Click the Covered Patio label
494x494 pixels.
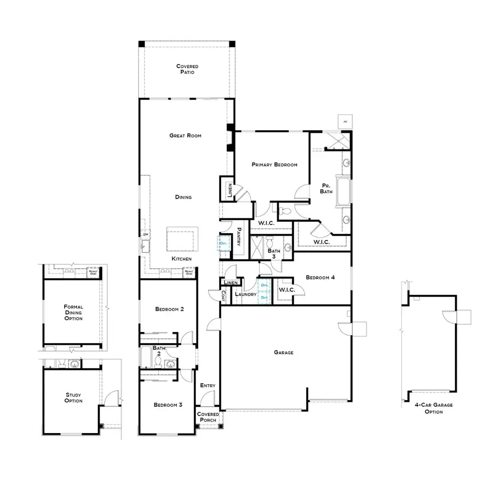tap(187, 70)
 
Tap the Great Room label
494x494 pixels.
tap(183, 135)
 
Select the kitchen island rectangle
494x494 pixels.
tap(181, 240)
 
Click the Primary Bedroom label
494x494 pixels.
tap(274, 165)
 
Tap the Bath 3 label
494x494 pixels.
tap(273, 254)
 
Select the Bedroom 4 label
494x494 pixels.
tap(320, 278)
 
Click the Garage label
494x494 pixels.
tap(284, 352)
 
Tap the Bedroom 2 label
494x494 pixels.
tap(168, 309)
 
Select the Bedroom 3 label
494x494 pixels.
tap(168, 405)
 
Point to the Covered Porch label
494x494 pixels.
tap(208, 418)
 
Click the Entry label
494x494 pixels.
tap(208, 385)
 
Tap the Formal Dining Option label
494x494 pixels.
tap(73, 312)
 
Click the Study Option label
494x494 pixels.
tap(73, 397)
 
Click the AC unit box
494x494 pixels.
tap(345, 121)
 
